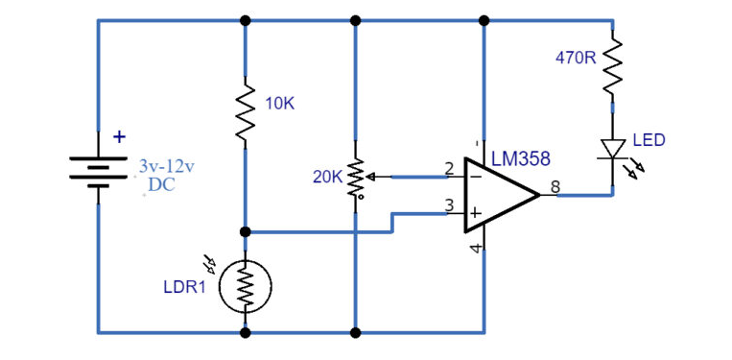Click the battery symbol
(x=97, y=170)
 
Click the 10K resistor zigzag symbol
(x=246, y=115)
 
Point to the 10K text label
(x=279, y=104)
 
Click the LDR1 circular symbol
(x=246, y=286)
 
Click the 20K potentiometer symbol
(x=355, y=177)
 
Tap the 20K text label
(x=327, y=178)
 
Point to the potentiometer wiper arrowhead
(x=371, y=177)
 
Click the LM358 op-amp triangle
(x=499, y=196)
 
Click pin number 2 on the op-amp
(x=448, y=169)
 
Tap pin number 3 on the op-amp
(x=448, y=204)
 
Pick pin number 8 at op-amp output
(x=554, y=185)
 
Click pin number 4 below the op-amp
(x=474, y=249)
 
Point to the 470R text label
(x=576, y=58)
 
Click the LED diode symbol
(x=612, y=150)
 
